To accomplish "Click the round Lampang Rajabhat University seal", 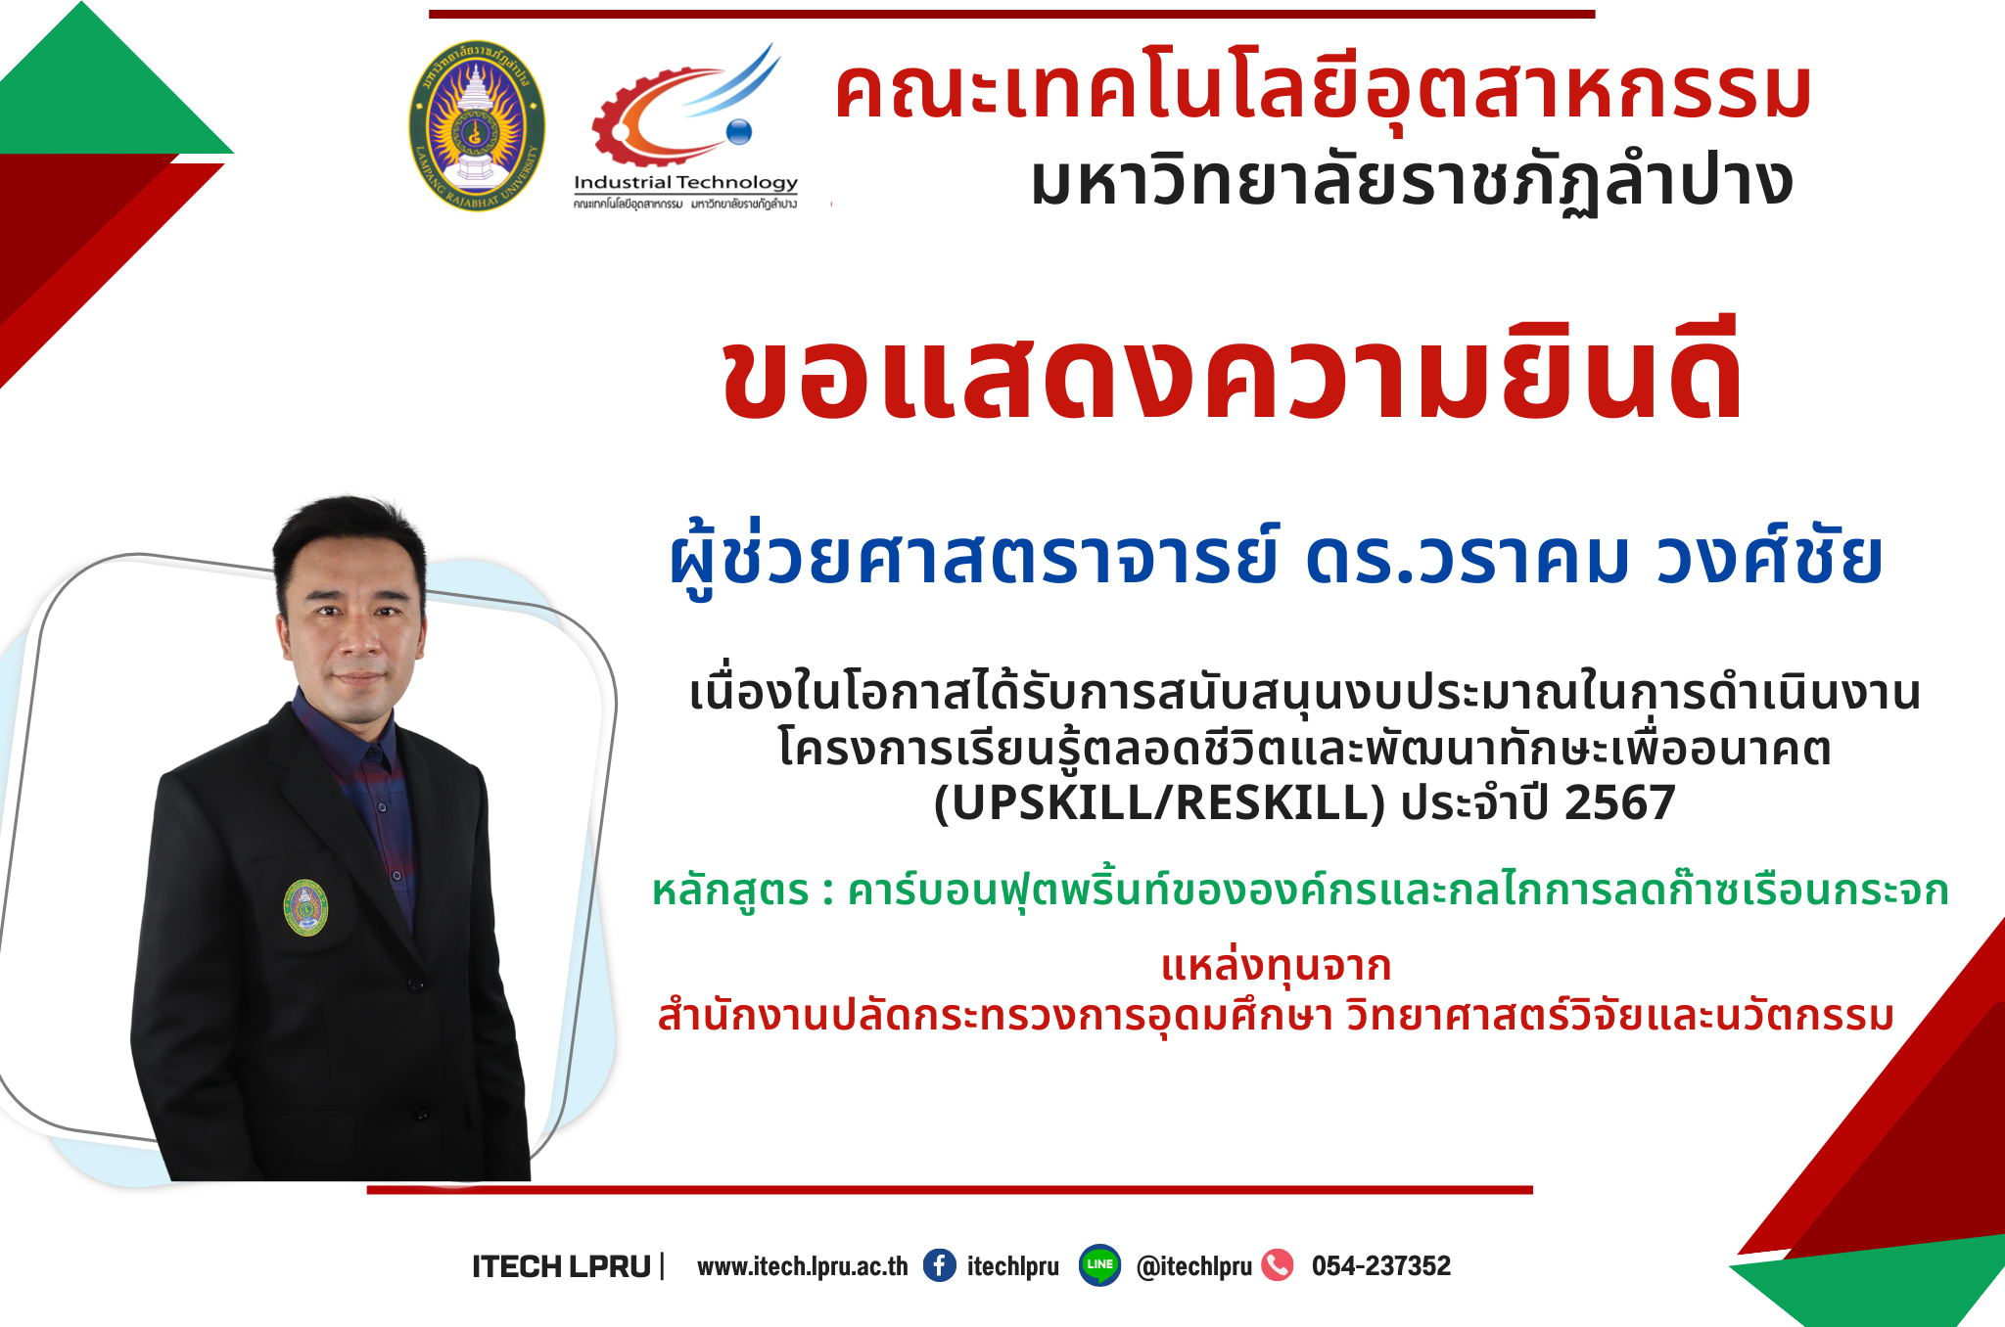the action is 477,126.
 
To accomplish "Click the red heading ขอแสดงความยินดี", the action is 1232,371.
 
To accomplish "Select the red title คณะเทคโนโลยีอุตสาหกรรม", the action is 1322,92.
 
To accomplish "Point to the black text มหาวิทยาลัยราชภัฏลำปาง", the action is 1412,182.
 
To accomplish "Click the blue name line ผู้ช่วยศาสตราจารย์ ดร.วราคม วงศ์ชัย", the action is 1276,557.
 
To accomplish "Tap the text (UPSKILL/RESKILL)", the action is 1159,802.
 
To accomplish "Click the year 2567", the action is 1620,802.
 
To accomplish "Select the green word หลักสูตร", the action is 730,892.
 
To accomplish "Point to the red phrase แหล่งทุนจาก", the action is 1276,966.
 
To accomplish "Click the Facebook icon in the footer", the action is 940,1265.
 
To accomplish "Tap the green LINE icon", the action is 1099,1265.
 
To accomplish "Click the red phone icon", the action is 1278,1265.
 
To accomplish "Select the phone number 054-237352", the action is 1381,1266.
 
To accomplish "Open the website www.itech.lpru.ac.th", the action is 803,1267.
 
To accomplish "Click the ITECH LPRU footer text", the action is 561,1267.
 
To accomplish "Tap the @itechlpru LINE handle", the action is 1194,1267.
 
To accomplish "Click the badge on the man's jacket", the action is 305,908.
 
